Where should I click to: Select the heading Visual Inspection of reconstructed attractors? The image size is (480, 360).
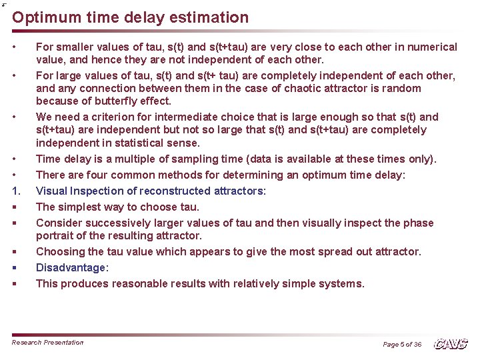tap(151, 191)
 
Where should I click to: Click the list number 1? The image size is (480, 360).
tap(16, 191)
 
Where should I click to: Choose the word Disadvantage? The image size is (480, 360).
tap(71, 267)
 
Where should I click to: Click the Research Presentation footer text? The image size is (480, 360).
tap(48, 343)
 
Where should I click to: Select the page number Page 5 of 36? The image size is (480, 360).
tap(402, 344)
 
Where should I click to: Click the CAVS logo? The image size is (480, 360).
tap(451, 343)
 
